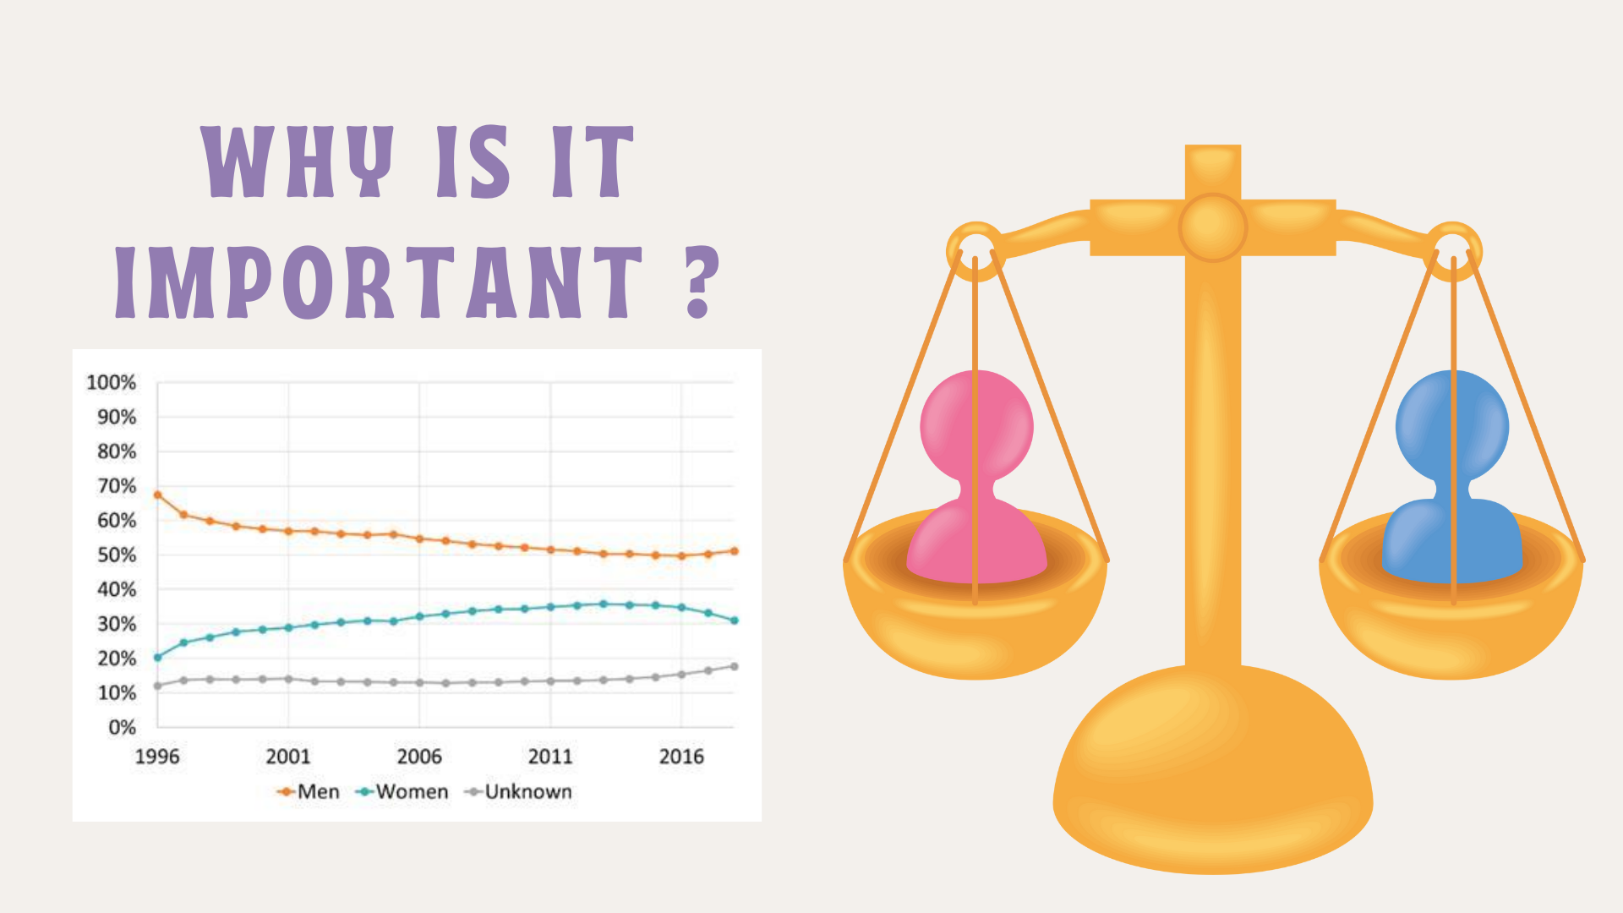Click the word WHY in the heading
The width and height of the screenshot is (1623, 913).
pyautogui.click(x=298, y=161)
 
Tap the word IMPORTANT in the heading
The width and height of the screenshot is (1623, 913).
pyautogui.click(x=380, y=282)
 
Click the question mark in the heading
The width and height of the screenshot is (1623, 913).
pyautogui.click(x=699, y=282)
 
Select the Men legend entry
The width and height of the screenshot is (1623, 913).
pyautogui.click(x=309, y=792)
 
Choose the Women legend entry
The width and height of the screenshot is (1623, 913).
pyautogui.click(x=402, y=792)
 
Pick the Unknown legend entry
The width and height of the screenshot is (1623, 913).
pyautogui.click(x=518, y=792)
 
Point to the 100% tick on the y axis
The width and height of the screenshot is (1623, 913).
pyautogui.click(x=111, y=383)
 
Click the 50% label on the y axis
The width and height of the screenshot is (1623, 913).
pyautogui.click(x=117, y=555)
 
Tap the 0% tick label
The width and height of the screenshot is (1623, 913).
pyautogui.click(x=122, y=728)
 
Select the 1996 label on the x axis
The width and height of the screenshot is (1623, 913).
pyautogui.click(x=157, y=757)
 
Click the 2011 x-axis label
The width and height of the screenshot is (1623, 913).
pyautogui.click(x=550, y=757)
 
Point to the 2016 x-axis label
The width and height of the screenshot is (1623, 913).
pyautogui.click(x=681, y=757)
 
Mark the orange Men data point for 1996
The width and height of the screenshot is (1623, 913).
pyautogui.click(x=157, y=495)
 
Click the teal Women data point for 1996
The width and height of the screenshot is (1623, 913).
pyautogui.click(x=157, y=658)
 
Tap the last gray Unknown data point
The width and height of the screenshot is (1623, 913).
pyautogui.click(x=735, y=667)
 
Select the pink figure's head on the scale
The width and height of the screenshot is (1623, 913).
pyautogui.click(x=976, y=426)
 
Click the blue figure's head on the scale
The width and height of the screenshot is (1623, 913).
pyautogui.click(x=1452, y=426)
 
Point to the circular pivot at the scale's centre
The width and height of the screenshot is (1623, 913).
pyautogui.click(x=1213, y=227)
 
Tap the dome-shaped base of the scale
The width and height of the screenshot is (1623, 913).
pyautogui.click(x=1213, y=769)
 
